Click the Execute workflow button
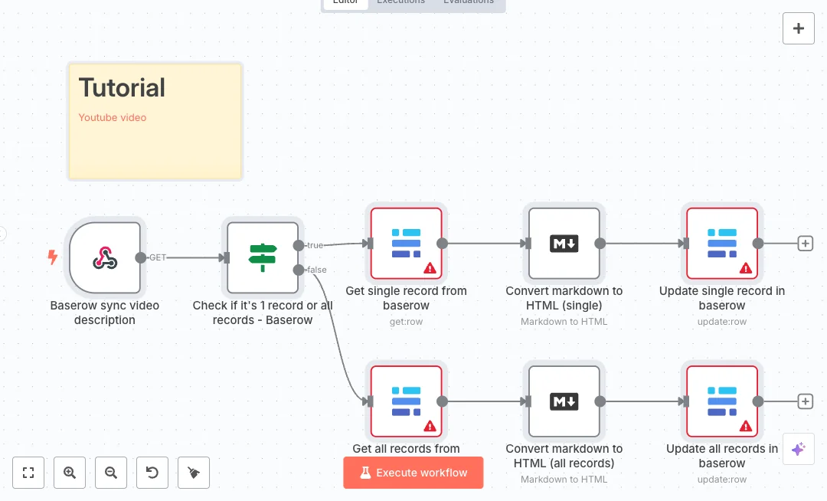point(413,473)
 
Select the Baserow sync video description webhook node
point(105,258)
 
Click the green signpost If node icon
point(263,258)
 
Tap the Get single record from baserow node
point(407,244)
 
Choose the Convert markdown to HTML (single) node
point(564,244)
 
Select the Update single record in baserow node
point(722,244)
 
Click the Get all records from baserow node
point(407,401)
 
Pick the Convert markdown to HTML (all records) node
point(564,401)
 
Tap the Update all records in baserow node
point(722,401)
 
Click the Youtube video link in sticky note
point(113,118)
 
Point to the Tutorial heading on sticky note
point(122,88)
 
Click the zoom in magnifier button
point(70,473)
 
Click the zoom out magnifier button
point(111,473)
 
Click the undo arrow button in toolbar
point(152,473)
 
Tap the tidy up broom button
point(194,473)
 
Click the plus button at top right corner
point(799,28)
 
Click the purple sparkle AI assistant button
point(798,449)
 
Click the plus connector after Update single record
point(805,244)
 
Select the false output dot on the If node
point(298,270)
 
